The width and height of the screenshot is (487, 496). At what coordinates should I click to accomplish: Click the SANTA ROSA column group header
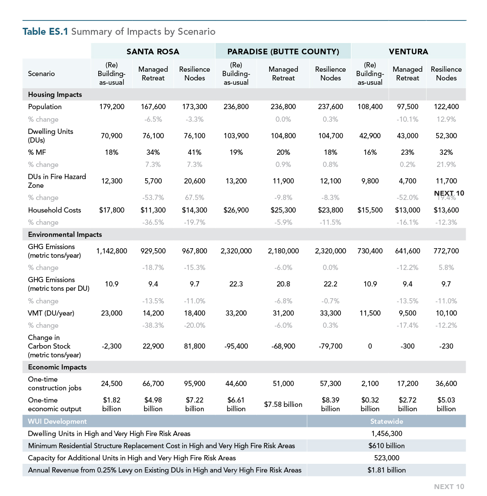(x=153, y=51)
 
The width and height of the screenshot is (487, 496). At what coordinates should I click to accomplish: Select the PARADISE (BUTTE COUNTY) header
(x=283, y=51)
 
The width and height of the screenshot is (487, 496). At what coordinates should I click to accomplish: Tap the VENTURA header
(x=408, y=51)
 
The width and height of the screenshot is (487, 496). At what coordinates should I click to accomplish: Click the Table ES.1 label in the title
(x=45, y=31)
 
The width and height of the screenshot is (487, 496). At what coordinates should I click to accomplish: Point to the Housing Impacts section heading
(x=55, y=94)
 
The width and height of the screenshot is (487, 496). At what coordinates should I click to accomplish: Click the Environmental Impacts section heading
(x=65, y=234)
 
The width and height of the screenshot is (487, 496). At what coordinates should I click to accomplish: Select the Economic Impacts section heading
(x=57, y=367)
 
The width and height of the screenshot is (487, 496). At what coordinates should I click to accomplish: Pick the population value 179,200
(x=112, y=107)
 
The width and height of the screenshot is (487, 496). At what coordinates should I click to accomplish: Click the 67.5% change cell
(x=194, y=197)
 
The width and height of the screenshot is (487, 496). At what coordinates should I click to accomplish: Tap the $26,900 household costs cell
(x=236, y=210)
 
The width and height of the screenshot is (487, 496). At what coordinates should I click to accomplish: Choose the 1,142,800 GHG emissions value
(x=112, y=251)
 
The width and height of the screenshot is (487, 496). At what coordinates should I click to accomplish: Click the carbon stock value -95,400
(x=236, y=346)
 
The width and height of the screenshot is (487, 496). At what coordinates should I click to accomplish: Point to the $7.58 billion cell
(x=283, y=404)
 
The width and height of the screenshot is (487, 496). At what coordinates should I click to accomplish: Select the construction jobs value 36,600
(x=446, y=383)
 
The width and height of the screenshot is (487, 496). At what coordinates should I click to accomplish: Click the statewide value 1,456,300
(x=387, y=433)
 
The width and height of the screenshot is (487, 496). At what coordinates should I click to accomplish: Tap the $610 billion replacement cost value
(x=387, y=446)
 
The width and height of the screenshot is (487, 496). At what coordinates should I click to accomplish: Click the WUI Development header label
(x=57, y=421)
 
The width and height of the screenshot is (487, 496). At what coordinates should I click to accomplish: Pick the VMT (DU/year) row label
(x=51, y=313)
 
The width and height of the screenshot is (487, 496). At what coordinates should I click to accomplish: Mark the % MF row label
(x=37, y=152)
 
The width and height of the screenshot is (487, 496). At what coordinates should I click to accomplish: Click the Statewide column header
(x=387, y=421)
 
